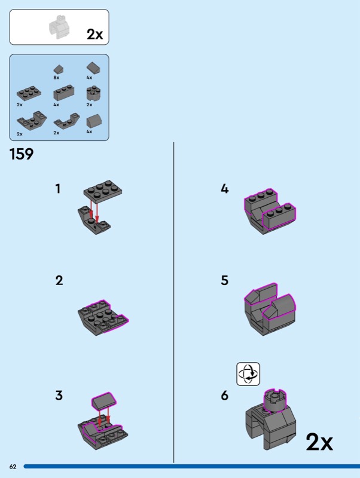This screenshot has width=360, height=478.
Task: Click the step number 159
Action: point(22,154)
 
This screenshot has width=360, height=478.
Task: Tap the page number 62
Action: point(13,467)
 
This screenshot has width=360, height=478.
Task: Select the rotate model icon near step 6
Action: point(248,374)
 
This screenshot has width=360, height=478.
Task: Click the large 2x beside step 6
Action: point(319,442)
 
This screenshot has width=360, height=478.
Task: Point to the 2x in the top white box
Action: point(95,34)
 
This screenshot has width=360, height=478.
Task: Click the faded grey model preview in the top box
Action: point(59,27)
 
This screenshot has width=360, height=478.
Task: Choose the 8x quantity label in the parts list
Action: point(56,78)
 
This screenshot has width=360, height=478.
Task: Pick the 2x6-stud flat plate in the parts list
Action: point(29,93)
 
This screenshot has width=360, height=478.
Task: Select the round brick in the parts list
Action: point(94,93)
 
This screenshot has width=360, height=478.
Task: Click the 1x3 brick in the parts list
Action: point(64,93)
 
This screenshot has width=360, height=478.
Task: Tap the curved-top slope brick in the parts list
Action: point(94,121)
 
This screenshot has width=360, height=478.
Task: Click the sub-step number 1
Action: point(57,189)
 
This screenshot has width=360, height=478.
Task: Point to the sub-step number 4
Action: point(224,189)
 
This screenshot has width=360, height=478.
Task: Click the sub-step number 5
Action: point(224,280)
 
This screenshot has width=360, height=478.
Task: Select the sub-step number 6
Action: point(224,396)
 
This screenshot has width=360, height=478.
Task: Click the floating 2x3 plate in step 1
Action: point(103,191)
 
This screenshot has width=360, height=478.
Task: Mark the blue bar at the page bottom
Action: point(191,467)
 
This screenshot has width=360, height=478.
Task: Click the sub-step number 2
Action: point(59,280)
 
